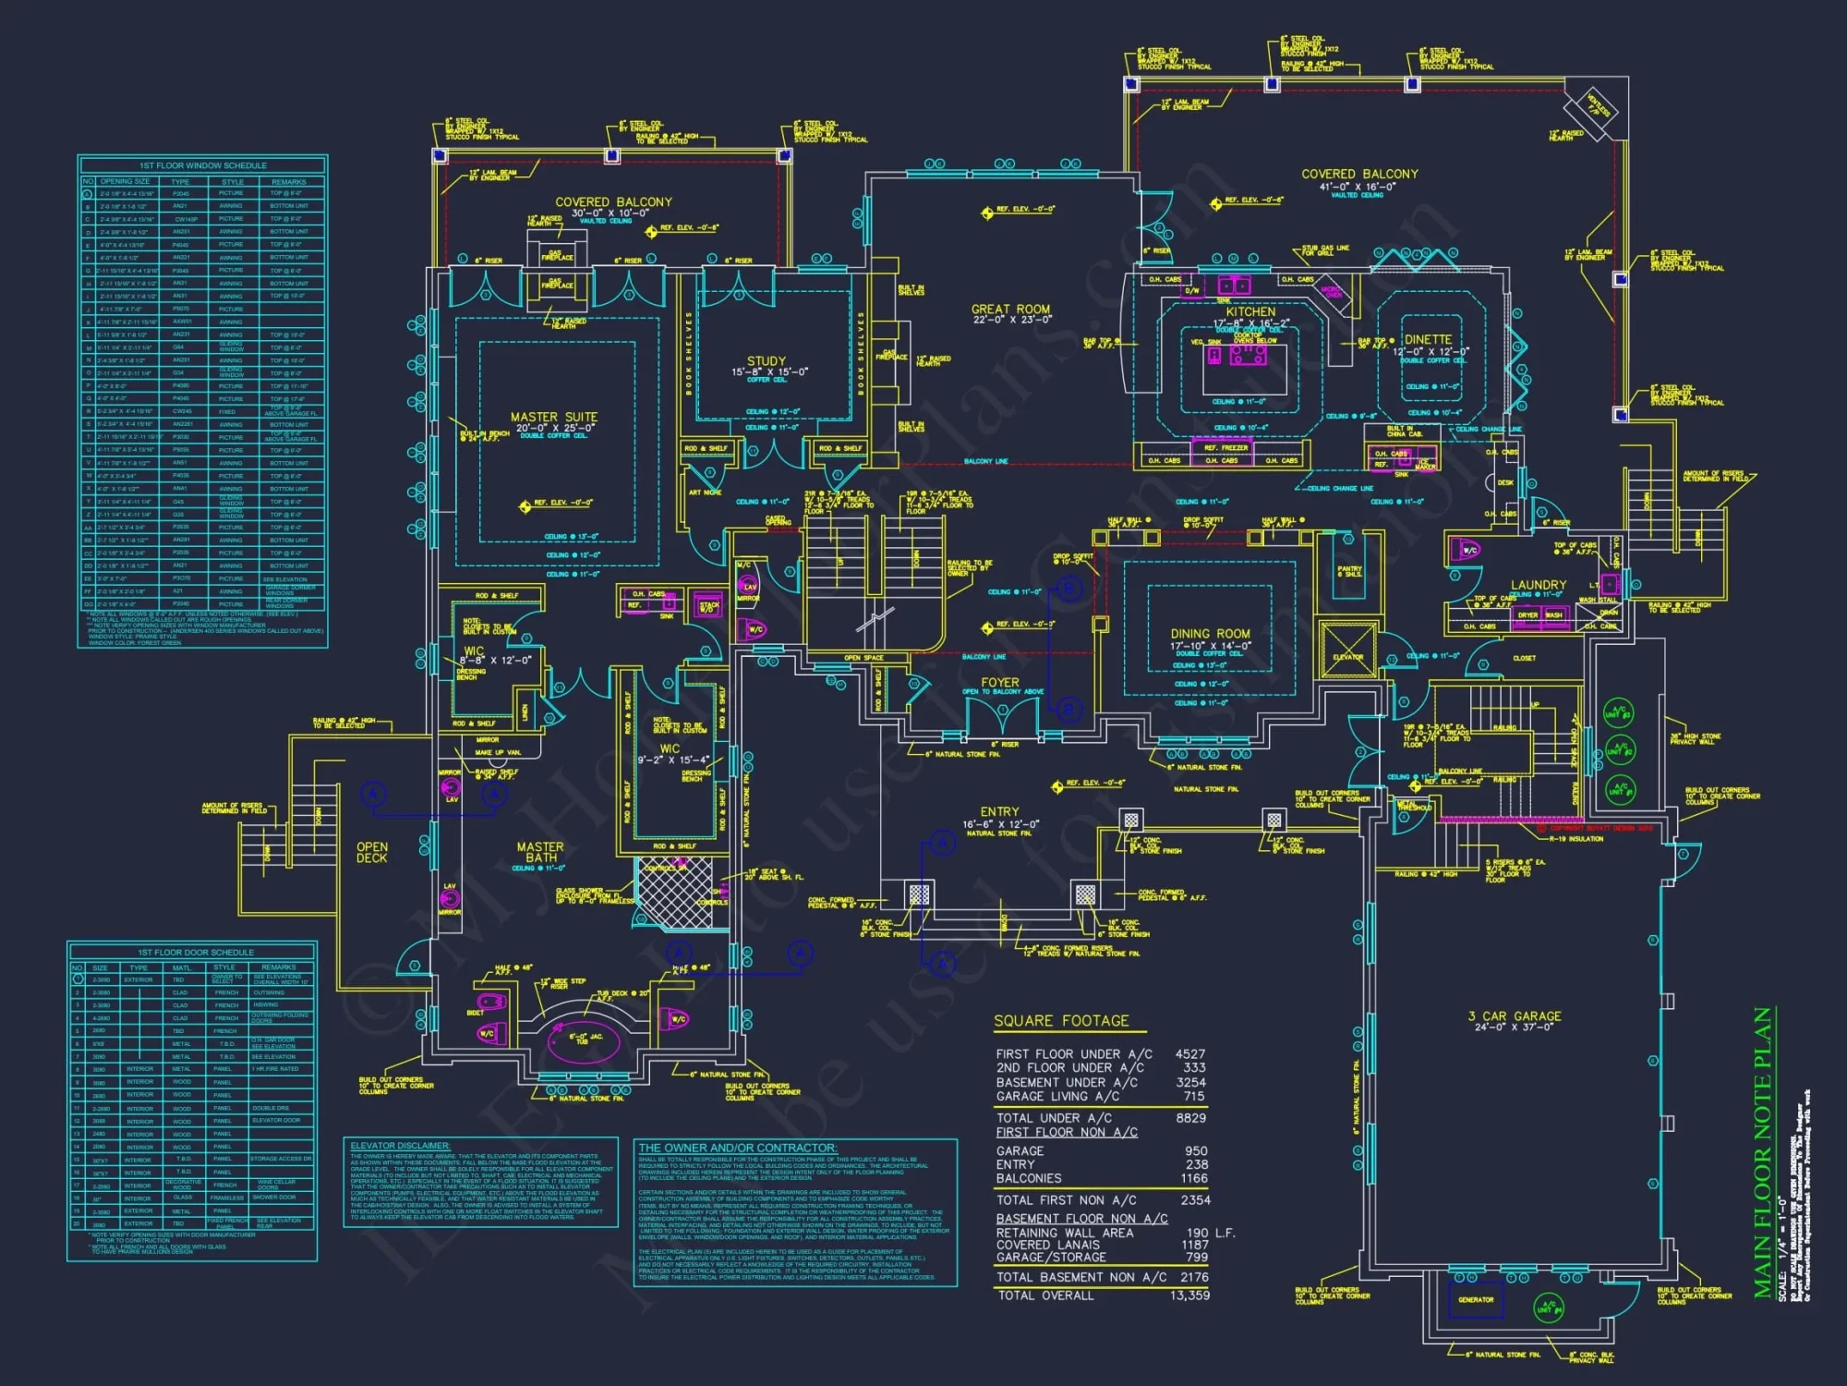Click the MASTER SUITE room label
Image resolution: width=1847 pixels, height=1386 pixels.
point(554,418)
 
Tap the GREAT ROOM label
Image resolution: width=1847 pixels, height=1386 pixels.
point(1010,310)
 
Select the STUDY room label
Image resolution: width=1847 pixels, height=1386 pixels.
point(767,361)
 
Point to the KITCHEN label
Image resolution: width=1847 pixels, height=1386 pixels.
point(1250,312)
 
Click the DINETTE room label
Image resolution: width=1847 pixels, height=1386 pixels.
point(1428,340)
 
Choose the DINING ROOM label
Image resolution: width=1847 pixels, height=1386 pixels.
point(1210,634)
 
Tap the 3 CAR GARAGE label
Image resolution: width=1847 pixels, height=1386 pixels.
point(1515,1015)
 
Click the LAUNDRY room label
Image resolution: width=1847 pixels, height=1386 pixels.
point(1538,585)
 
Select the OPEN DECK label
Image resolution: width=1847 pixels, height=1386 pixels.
point(372,852)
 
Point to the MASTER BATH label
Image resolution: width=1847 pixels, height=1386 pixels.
point(540,852)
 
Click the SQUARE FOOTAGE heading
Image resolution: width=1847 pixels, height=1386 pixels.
point(1061,1021)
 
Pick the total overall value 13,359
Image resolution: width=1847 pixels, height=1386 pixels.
point(1189,1295)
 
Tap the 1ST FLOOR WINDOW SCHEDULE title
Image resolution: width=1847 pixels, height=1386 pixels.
point(203,165)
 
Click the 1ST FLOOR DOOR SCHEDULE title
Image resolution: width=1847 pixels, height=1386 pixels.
point(196,952)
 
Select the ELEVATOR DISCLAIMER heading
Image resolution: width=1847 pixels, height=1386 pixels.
point(400,1146)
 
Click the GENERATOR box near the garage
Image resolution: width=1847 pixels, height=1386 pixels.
point(1476,1299)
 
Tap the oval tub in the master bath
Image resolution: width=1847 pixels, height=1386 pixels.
point(577,1041)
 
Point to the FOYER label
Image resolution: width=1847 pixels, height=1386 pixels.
point(1000,682)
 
